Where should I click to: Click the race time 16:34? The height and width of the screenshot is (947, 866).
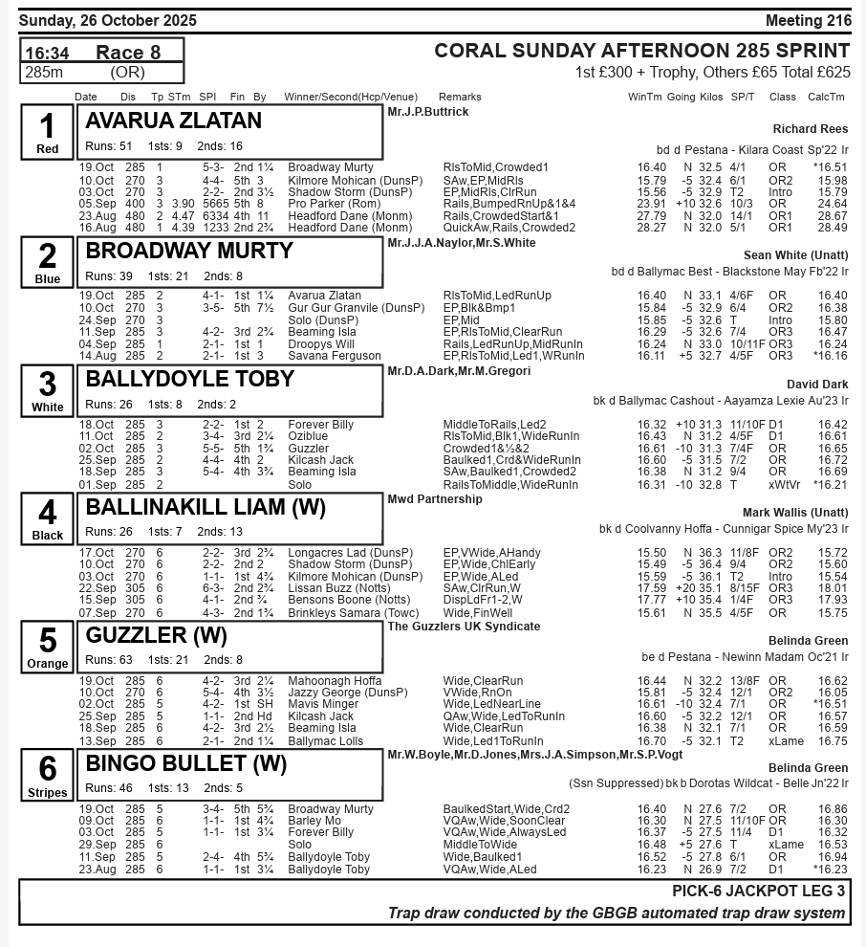[x=47, y=53]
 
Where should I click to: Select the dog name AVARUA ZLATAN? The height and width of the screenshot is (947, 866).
[x=173, y=121]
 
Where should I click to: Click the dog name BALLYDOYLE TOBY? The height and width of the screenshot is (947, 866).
[x=189, y=379]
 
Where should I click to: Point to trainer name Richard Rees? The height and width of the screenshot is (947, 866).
[x=810, y=129]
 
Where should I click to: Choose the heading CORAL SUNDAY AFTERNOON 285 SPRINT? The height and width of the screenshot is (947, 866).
[x=641, y=51]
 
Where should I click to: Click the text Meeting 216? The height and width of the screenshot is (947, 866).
[x=808, y=21]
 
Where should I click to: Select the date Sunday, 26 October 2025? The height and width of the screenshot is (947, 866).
[x=108, y=21]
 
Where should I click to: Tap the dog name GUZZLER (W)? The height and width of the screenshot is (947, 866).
[x=157, y=636]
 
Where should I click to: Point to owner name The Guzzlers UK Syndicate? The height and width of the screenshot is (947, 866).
[x=464, y=627]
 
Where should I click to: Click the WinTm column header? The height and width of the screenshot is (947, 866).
[x=644, y=97]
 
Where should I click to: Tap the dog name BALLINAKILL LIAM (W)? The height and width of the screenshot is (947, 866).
[x=206, y=507]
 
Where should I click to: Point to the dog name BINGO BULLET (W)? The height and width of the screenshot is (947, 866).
[x=186, y=764]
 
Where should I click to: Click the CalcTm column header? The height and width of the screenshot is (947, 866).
[x=826, y=97]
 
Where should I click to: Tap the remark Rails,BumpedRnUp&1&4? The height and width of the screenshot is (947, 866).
[x=509, y=204]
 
